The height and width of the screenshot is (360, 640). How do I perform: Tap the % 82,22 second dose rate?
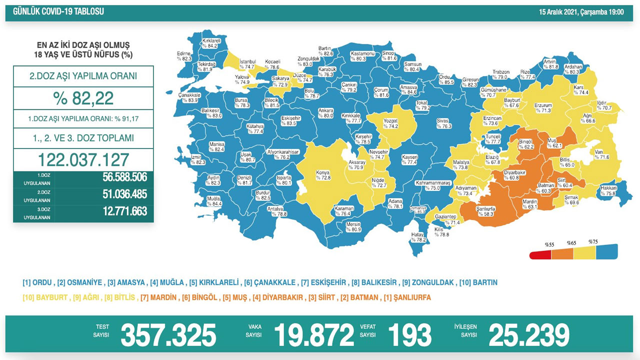point(83,98)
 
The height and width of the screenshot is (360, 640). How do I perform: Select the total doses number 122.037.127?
point(83,159)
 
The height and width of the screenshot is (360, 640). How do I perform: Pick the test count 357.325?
point(168,335)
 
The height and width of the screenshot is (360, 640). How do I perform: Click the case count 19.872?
point(313,335)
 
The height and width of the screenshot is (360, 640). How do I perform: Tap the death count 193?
point(409,335)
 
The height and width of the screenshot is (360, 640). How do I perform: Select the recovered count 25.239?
point(529,335)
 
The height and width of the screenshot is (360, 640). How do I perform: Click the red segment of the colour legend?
point(541,255)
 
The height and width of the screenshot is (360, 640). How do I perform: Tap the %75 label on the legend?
point(593,241)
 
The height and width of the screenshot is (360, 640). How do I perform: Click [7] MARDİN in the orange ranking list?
point(158,297)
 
